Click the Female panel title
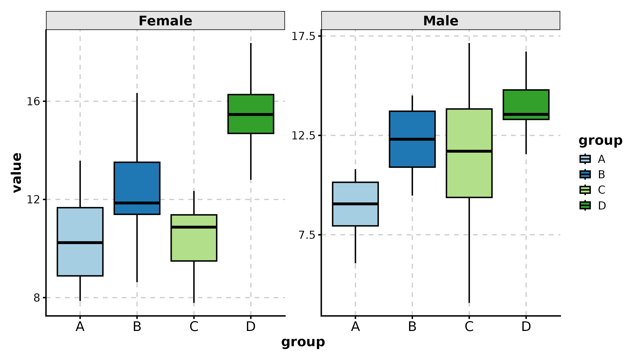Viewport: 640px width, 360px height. pyautogui.click(x=165, y=21)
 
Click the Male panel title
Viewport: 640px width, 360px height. pyautogui.click(x=441, y=21)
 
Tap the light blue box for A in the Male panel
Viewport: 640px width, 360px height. pyautogui.click(x=355, y=216)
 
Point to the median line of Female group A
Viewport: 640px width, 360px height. pyautogui.click(x=80, y=242)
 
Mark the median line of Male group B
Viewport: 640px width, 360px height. pyautogui.click(x=412, y=139)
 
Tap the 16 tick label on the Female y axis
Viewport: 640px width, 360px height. pyautogui.click(x=33, y=102)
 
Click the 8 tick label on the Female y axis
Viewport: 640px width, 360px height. pyautogui.click(x=37, y=298)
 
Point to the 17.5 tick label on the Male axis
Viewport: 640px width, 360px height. pyautogui.click(x=303, y=36)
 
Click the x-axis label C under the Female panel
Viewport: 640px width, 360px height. pyautogui.click(x=194, y=326)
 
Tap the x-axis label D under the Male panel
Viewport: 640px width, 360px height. pyautogui.click(x=526, y=326)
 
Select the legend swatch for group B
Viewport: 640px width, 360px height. pyautogui.click(x=585, y=175)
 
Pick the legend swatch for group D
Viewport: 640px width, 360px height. pyautogui.click(x=585, y=205)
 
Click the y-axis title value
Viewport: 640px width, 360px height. pyautogui.click(x=17, y=173)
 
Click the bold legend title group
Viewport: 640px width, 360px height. pyautogui.click(x=600, y=140)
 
